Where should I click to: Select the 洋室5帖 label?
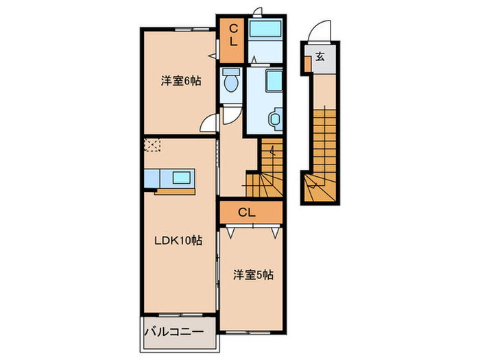click(252, 275)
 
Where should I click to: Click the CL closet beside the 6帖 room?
click(232, 35)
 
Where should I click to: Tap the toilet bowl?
click(230, 82)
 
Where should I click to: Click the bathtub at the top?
click(264, 32)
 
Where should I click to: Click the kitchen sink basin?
click(182, 178)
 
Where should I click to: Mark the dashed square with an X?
click(153, 145)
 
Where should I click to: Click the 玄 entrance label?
click(320, 58)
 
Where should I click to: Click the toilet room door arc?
click(232, 114)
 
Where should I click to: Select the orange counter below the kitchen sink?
click(175, 191)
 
